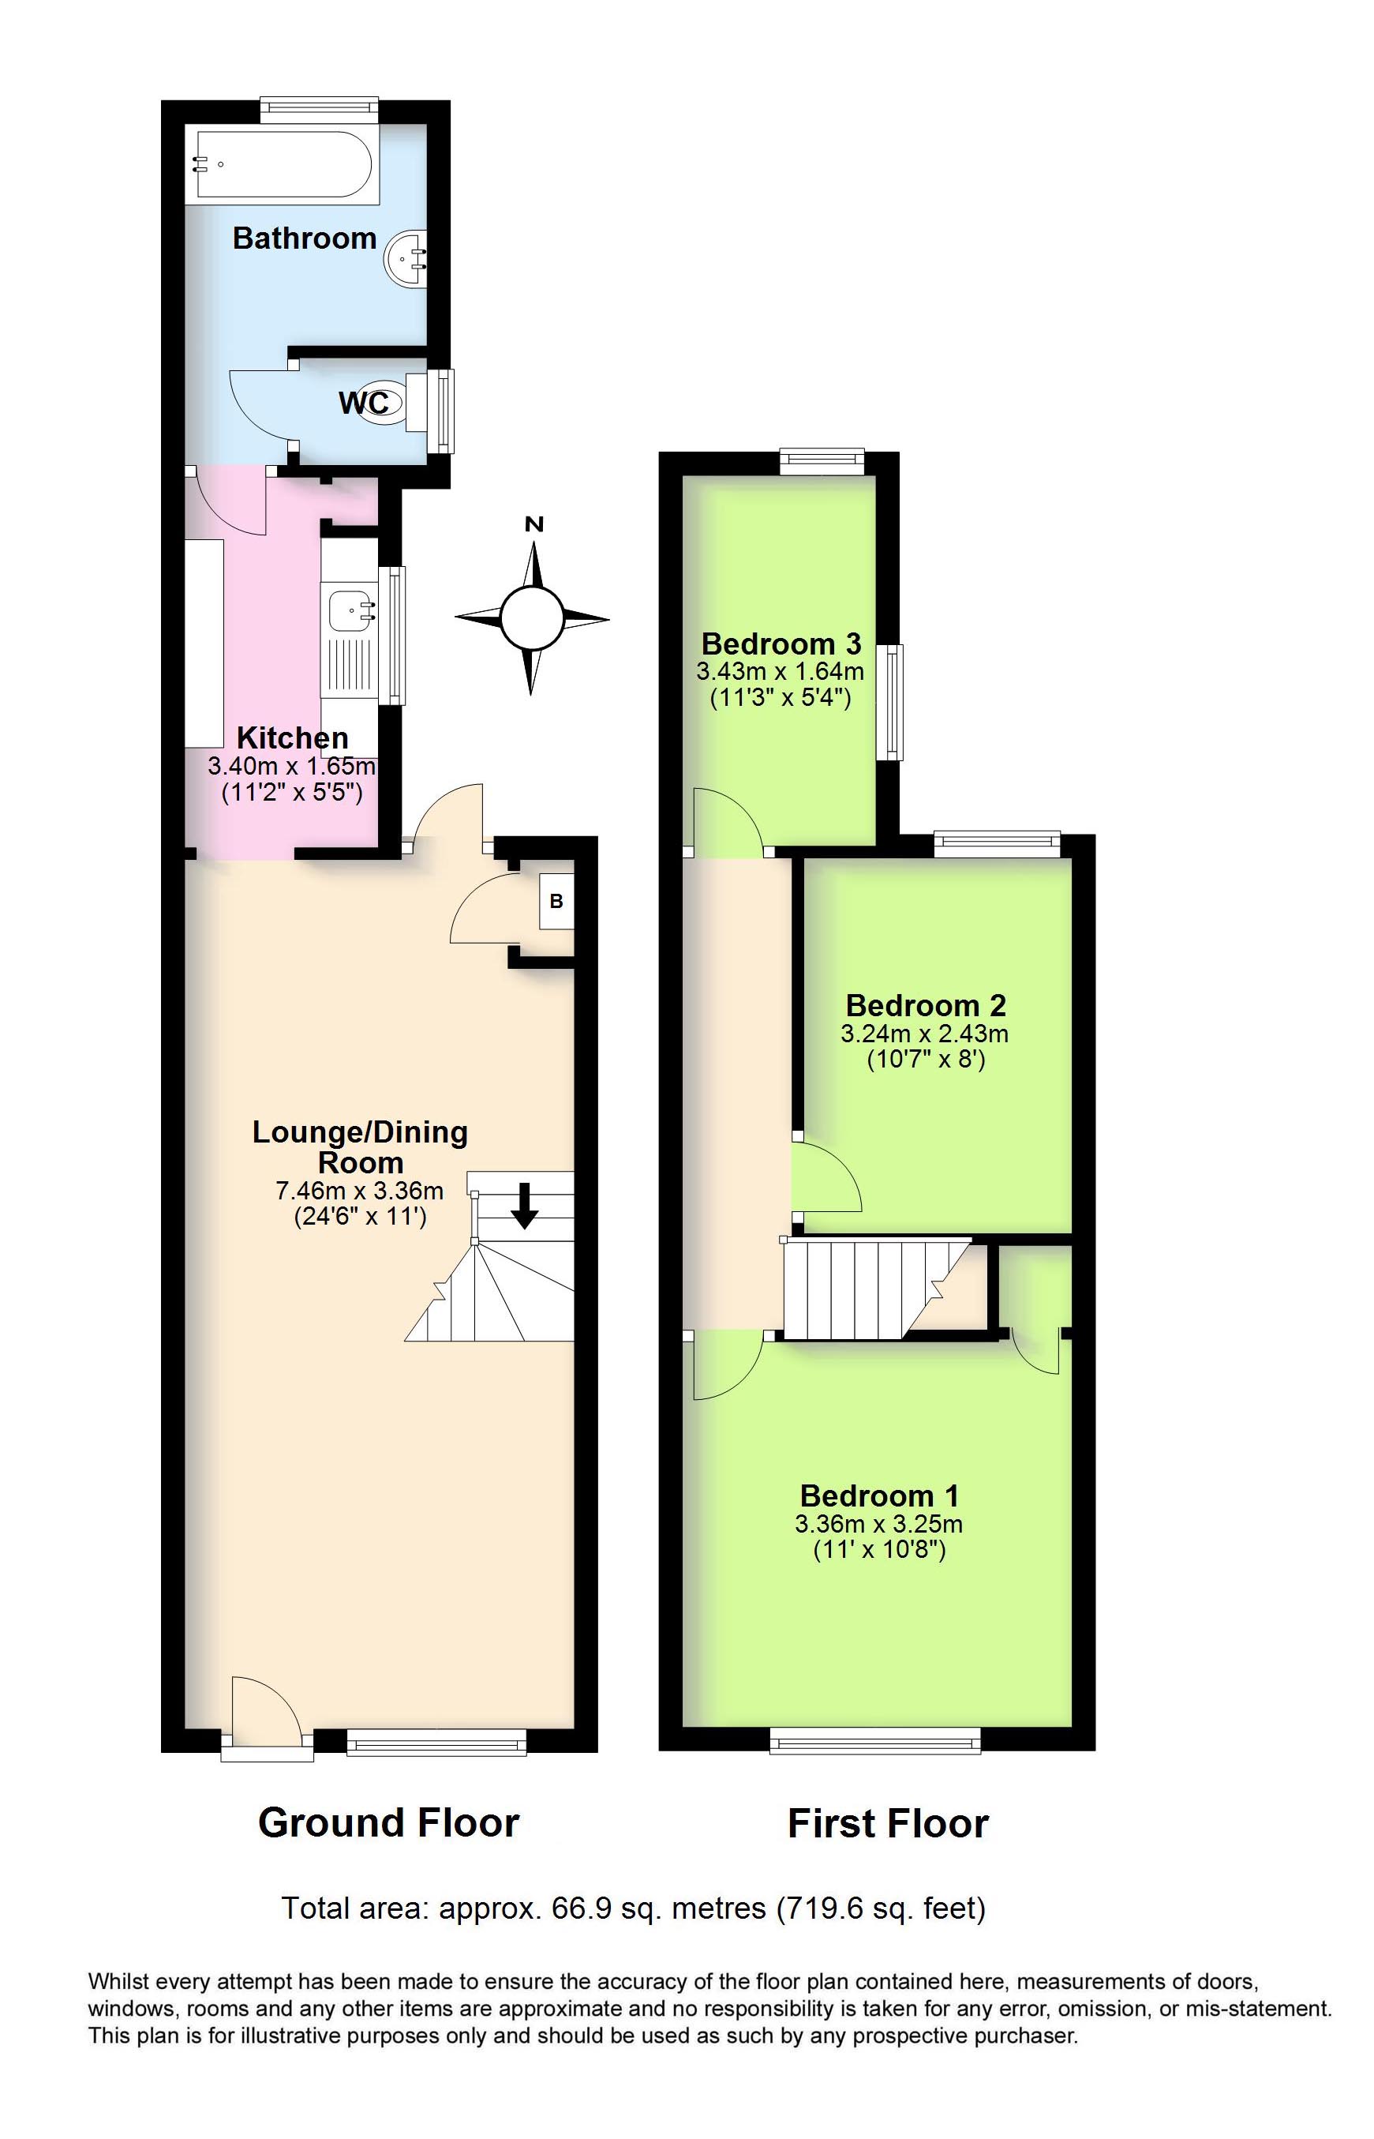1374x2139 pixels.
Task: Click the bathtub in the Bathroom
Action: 282,165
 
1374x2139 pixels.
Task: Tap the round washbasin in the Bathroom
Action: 405,260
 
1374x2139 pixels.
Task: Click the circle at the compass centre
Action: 532,618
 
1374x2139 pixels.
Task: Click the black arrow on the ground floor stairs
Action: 525,1206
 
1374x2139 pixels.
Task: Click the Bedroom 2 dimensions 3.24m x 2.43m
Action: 924,1034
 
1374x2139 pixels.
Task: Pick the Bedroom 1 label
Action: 879,1495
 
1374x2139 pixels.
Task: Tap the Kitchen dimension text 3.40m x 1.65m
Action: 292,766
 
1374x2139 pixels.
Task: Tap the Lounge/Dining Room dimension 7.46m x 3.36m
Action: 360,1191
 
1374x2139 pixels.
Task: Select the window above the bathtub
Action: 319,108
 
